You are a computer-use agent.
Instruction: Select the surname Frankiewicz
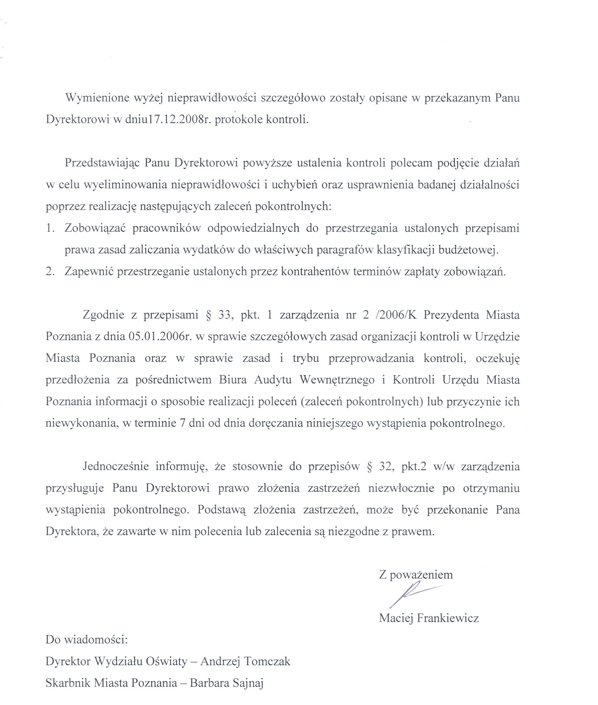click(x=448, y=618)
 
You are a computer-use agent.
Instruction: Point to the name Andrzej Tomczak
click(x=245, y=662)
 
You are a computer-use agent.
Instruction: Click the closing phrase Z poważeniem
click(x=416, y=575)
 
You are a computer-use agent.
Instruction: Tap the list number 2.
click(x=50, y=272)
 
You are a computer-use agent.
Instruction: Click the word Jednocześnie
click(x=116, y=466)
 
